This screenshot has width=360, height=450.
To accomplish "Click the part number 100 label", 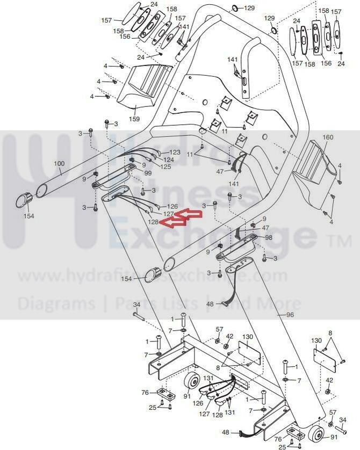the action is (x=59, y=163).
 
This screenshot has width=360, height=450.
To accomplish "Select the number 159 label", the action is (x=134, y=119).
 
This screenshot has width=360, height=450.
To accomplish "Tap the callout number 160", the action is (x=328, y=137).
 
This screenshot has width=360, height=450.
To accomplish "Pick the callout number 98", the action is (x=268, y=237).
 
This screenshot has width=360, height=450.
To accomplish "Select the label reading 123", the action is (x=175, y=153).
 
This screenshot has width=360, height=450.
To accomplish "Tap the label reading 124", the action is (x=169, y=159).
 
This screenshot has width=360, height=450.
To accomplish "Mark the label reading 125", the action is (x=165, y=166).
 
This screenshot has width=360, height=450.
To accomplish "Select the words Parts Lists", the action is (x=156, y=303).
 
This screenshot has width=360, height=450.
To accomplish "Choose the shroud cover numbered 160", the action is (x=314, y=172).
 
